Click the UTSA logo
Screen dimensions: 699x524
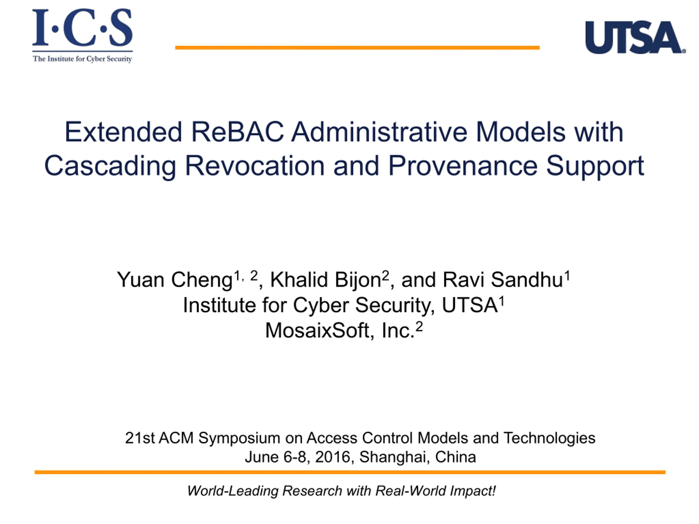pos(635,37)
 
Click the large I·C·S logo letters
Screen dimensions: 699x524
pos(82,28)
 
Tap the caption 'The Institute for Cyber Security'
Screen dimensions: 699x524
pos(82,59)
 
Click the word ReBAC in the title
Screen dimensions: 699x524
pos(237,132)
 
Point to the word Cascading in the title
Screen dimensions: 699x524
pos(110,167)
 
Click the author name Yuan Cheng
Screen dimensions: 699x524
pos(175,280)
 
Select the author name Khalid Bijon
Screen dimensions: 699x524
pos(325,280)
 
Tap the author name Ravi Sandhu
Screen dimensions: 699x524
pos(502,280)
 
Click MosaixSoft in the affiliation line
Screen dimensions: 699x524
pos(318,331)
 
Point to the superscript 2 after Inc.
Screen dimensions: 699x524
pos(419,326)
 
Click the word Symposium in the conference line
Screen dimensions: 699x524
pos(239,438)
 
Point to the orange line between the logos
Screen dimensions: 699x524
pos(357,48)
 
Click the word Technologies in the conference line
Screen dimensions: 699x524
pos(549,438)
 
